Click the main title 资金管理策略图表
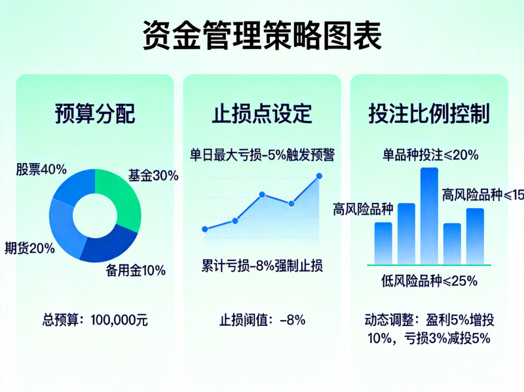tap(262, 35)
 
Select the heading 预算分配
tap(95, 113)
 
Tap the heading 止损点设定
tap(262, 113)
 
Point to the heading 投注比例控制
tap(429, 113)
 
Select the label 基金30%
tap(153, 175)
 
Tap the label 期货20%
tap(29, 248)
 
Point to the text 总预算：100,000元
tap(95, 320)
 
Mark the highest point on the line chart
tap(320, 175)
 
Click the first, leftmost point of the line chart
tap(205, 229)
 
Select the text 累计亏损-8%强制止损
tap(262, 266)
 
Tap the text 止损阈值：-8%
tap(262, 320)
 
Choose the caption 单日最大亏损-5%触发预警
tap(262, 155)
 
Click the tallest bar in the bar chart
tap(429, 216)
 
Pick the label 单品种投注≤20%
tap(430, 155)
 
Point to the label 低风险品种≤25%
tap(429, 281)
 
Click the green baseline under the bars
tap(429, 265)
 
